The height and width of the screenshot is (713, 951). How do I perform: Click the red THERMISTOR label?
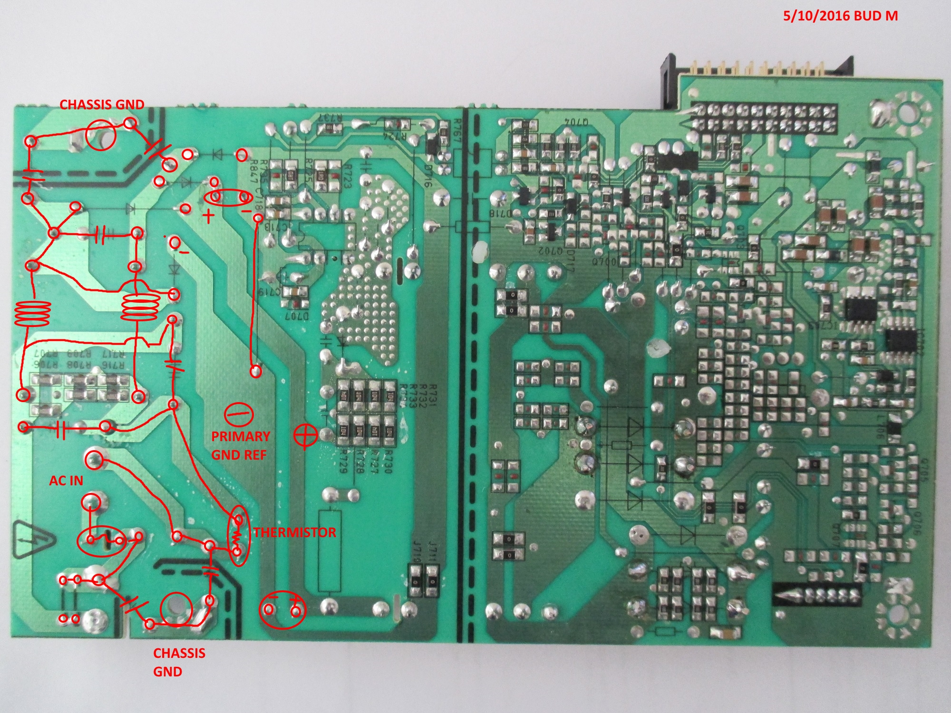[x=294, y=532]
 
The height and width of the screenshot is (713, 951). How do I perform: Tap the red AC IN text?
[x=66, y=481]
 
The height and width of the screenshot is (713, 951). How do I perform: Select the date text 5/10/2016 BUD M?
[x=841, y=16]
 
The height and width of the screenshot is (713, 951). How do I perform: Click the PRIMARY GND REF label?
[x=241, y=445]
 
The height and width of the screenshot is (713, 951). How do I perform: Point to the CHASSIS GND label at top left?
[x=102, y=105]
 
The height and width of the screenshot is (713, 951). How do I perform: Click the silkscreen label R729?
[x=344, y=461]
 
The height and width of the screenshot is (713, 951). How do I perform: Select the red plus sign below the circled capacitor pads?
[x=208, y=217]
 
